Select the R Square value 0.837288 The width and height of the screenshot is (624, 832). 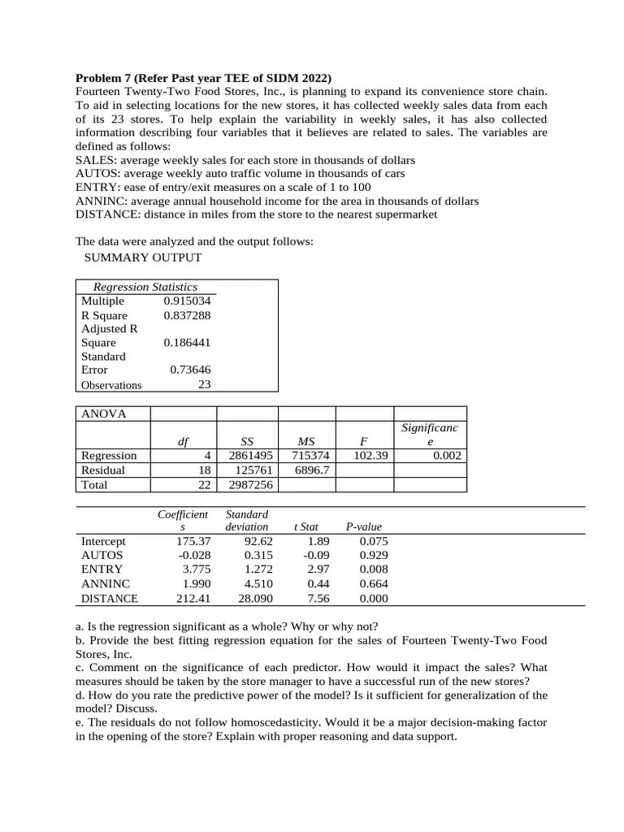point(187,314)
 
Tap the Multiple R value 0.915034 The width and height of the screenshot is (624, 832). point(187,301)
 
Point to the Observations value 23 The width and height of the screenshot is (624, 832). point(204,384)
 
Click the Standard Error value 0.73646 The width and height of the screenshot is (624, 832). point(190,370)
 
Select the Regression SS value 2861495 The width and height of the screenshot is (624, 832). point(250,456)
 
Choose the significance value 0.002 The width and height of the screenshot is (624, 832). point(447,456)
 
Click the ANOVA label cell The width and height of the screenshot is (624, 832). point(104,414)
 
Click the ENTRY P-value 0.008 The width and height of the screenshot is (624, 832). point(373,570)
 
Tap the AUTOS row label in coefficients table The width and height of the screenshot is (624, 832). point(102,555)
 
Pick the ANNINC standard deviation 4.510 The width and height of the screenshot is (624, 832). point(258,584)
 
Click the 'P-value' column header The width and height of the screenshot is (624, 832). point(363,526)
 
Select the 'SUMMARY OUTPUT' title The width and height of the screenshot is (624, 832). point(143,258)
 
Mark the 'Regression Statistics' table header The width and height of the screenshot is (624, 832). point(145,287)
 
